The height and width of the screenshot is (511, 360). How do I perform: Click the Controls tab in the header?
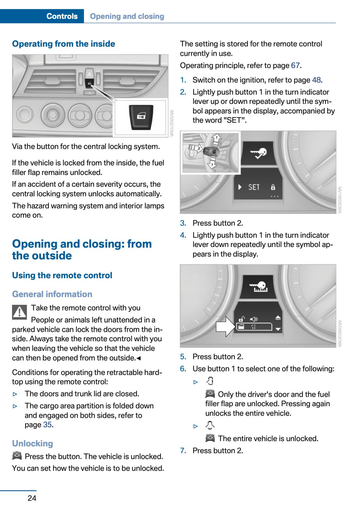[x=62, y=16]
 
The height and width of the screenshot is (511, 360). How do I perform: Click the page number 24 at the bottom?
[x=32, y=498]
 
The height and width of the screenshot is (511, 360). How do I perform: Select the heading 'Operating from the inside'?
[x=63, y=44]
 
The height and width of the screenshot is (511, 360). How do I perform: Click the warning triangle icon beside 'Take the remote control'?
[x=19, y=312]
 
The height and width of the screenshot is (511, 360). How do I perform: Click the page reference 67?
[x=295, y=66]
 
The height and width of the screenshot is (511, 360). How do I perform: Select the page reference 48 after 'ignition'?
[x=316, y=80]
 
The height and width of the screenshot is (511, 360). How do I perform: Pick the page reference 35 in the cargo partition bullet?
[x=47, y=425]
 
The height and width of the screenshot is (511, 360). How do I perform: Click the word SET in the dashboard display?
[x=254, y=187]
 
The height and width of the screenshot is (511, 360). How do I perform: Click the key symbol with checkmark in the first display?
[x=258, y=153]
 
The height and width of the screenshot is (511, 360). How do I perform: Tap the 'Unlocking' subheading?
[x=32, y=443]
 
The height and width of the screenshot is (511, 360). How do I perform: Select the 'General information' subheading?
[x=52, y=294]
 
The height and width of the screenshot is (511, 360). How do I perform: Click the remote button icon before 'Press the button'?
[x=17, y=456]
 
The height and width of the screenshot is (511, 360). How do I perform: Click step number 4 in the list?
[x=183, y=235]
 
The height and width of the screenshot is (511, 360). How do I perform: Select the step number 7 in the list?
[x=183, y=451]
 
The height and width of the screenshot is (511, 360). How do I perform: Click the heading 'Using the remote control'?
[x=62, y=275]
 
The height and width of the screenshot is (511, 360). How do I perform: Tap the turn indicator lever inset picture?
[x=210, y=152]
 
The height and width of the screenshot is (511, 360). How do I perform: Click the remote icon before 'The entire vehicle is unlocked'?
[x=210, y=438]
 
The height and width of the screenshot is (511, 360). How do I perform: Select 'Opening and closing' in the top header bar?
[x=127, y=16]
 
